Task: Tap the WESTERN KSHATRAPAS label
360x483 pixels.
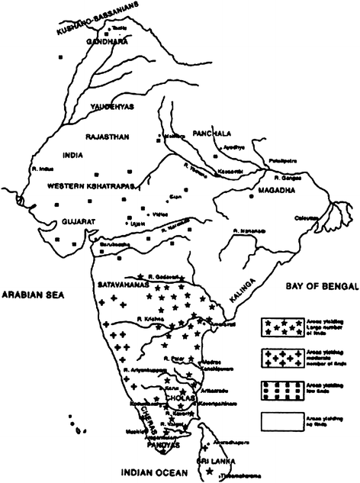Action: (82, 185)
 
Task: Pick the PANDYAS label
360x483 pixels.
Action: (162, 443)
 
